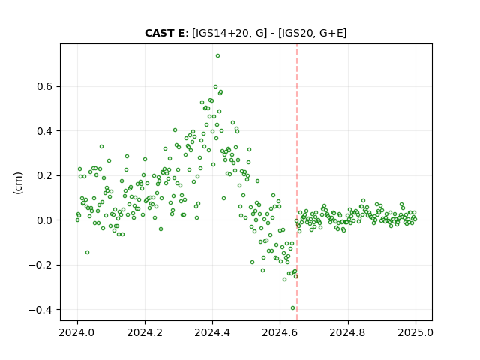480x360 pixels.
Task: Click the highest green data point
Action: pyautogui.click(x=217, y=56)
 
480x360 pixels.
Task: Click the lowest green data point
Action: pyautogui.click(x=292, y=308)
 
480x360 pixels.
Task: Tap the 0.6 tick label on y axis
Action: pyautogui.click(x=44, y=87)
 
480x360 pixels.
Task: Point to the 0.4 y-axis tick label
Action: pyautogui.click(x=44, y=131)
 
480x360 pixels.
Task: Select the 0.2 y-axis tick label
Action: pyautogui.click(x=44, y=175)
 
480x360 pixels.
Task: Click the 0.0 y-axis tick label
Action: pyautogui.click(x=44, y=220)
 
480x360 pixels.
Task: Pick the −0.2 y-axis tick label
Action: pyautogui.click(x=40, y=265)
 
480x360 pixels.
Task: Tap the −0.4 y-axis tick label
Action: pyautogui.click(x=40, y=310)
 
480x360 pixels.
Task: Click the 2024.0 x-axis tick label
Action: pyautogui.click(x=77, y=332)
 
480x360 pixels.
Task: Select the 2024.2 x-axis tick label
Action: pyautogui.click(x=145, y=332)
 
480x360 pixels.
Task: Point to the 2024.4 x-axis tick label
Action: pyautogui.click(x=212, y=332)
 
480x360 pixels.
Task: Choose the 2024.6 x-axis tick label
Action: pyautogui.click(x=280, y=332)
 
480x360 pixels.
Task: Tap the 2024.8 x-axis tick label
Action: pyautogui.click(x=348, y=332)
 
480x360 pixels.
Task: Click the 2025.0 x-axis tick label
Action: pyautogui.click(x=415, y=332)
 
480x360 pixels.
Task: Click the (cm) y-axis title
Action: pyautogui.click(x=18, y=183)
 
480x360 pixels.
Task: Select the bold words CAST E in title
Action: pyautogui.click(x=165, y=33)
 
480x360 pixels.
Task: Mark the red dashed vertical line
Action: pyautogui.click(x=297, y=182)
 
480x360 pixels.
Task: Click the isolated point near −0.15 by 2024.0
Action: pyautogui.click(x=87, y=252)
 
